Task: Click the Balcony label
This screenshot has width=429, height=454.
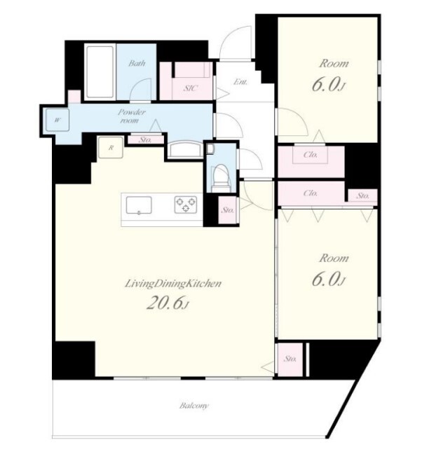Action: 193,406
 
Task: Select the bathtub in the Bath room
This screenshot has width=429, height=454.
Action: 100,71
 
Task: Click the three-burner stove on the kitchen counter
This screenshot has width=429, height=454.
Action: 186,205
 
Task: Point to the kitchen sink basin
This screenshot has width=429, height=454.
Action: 139,205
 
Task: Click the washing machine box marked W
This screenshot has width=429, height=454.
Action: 57,120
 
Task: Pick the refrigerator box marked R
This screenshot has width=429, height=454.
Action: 111,147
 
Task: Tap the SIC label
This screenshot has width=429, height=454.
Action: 191,88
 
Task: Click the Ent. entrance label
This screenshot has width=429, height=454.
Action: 240,82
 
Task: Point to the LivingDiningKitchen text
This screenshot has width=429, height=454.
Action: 173,284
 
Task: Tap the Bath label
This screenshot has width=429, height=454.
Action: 137,63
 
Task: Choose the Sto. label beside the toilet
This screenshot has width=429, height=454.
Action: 227,210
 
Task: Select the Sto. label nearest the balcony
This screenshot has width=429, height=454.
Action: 290,359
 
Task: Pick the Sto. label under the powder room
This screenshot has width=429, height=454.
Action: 145,140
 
